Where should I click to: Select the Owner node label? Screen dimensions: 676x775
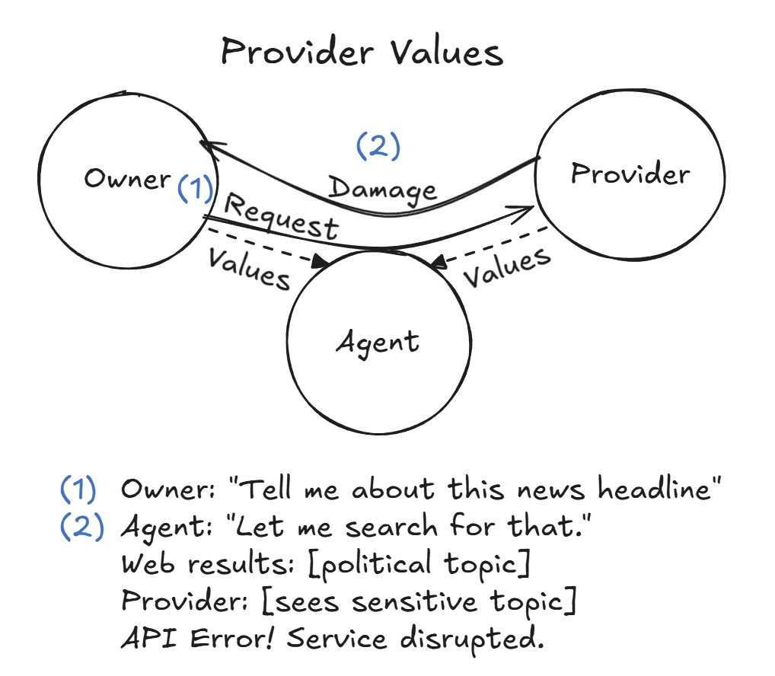click(127, 179)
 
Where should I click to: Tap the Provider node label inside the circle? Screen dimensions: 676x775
click(630, 174)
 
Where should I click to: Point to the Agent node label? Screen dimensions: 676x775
click(378, 343)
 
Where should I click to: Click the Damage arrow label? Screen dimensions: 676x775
click(382, 187)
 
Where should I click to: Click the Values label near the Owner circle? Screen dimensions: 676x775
click(249, 268)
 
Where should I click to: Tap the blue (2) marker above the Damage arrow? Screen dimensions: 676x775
click(378, 146)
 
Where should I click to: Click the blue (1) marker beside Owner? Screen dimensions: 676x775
click(195, 187)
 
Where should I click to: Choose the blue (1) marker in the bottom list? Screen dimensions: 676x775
click(79, 490)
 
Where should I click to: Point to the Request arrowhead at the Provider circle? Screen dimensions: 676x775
click(526, 208)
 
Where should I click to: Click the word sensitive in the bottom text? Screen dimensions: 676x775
click(350, 601)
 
